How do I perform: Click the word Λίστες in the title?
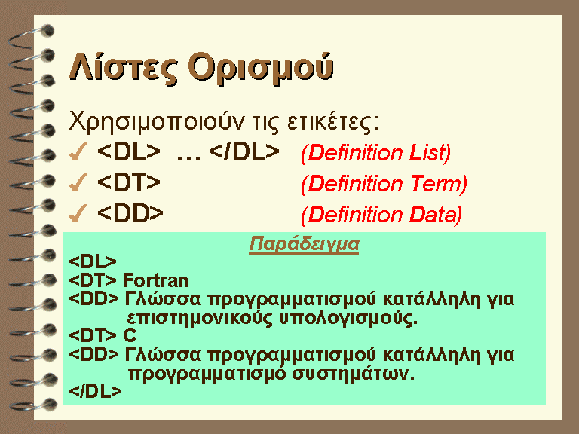[x=124, y=69]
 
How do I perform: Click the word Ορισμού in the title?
[x=261, y=69]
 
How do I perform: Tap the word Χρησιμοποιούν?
[x=157, y=122]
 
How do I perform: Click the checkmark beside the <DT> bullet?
[x=78, y=182]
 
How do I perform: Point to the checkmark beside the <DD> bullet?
[x=78, y=213]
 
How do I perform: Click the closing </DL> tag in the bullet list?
[x=244, y=151]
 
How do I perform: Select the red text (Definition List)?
[x=376, y=153]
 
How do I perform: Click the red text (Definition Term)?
[x=384, y=184]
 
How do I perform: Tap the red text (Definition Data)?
[x=381, y=215]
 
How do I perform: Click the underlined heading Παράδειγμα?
[x=304, y=244]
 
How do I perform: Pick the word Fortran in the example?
[x=155, y=280]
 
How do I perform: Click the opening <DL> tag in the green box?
[x=93, y=261]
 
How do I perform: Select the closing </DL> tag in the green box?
[x=95, y=391]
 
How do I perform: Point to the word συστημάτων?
[x=354, y=374]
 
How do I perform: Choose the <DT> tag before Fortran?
[x=93, y=280]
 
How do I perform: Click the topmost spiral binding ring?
[x=31, y=36]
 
